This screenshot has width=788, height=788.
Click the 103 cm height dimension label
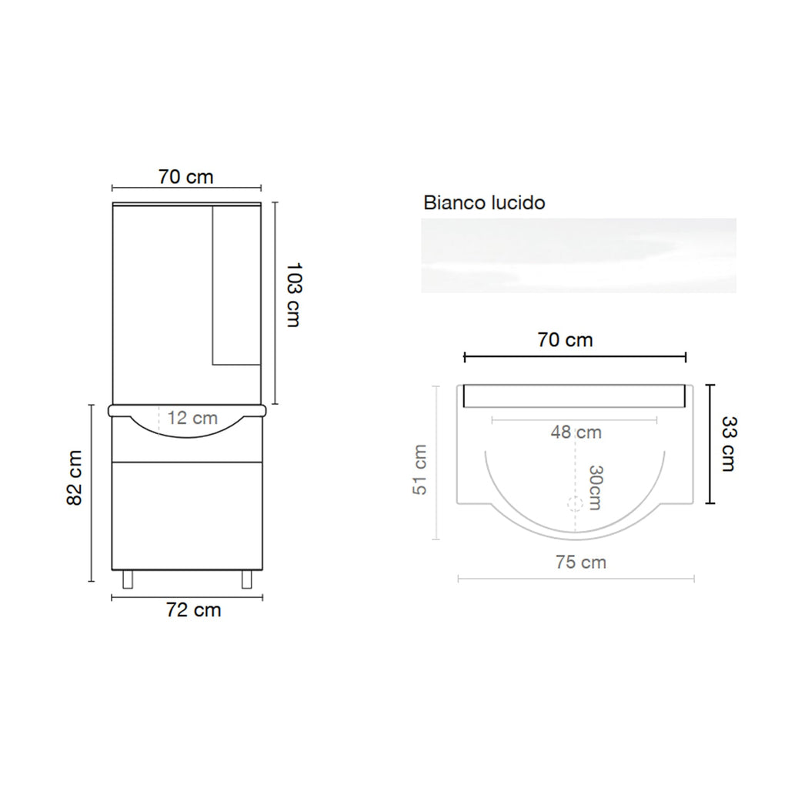292,295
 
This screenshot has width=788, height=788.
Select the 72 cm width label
193,610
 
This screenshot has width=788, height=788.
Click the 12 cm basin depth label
192,419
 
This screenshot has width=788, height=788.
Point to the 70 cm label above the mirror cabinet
185,176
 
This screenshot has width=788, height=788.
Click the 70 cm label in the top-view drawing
565,339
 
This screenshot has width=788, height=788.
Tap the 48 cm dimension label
576,432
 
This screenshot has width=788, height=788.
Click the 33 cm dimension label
728,443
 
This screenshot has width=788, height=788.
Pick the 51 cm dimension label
419,469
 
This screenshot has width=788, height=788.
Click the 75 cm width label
580,563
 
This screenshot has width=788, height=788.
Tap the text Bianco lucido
484,203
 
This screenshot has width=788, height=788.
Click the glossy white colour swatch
578,255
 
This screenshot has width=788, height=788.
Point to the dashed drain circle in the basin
574,505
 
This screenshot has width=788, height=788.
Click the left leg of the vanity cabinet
127,579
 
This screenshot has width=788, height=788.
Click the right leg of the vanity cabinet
247,579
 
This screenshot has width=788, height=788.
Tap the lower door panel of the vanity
188,514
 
